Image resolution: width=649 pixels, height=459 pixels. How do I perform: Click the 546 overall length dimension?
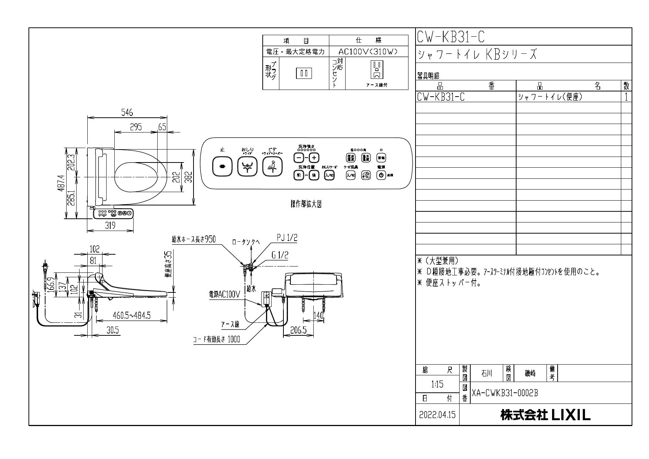pyautogui.click(x=127, y=113)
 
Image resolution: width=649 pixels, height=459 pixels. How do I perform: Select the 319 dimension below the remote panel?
pyautogui.click(x=110, y=225)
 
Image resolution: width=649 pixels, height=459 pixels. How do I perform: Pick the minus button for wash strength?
pyautogui.click(x=298, y=158)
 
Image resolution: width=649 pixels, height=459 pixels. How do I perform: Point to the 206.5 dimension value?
pyautogui.click(x=298, y=331)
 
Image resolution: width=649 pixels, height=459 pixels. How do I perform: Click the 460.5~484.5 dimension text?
pyautogui.click(x=132, y=315)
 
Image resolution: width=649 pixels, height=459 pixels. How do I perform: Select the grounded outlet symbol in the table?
pyautogui.click(x=377, y=70)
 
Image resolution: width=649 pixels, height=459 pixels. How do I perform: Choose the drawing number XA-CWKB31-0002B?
pyautogui.click(x=505, y=393)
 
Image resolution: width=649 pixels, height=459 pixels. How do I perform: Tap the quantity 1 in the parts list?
pyautogui.click(x=626, y=97)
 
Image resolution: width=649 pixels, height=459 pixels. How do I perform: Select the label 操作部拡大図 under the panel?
pyautogui.click(x=306, y=205)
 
